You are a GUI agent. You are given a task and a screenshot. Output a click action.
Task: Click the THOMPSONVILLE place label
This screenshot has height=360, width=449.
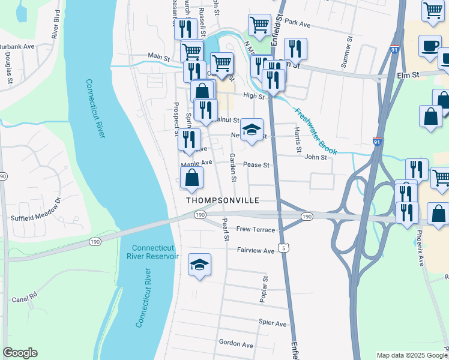(222, 200)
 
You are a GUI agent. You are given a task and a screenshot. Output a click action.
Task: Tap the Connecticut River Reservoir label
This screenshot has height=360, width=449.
(155, 252)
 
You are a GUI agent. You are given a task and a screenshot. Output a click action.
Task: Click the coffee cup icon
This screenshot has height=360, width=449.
(429, 47)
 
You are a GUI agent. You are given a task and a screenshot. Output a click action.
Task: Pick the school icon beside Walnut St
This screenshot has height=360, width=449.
(252, 130)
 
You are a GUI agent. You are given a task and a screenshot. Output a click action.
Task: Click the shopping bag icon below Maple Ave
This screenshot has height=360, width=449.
(191, 178)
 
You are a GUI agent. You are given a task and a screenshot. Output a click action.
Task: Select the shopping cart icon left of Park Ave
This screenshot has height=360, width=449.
(259, 25)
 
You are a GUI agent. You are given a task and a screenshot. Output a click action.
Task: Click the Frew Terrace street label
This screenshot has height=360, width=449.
(256, 230)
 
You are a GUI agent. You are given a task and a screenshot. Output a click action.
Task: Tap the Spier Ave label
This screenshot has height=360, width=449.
(273, 323)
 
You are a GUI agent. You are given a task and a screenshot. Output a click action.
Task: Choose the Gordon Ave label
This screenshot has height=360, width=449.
(236, 344)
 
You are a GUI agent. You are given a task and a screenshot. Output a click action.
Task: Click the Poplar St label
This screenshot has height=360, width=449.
(265, 288)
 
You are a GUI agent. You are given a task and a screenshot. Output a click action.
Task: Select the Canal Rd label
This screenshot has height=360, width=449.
(25, 296)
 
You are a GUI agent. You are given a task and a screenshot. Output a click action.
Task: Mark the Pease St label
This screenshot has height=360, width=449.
(259, 164)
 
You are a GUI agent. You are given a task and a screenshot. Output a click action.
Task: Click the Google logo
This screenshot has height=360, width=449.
(20, 353)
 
